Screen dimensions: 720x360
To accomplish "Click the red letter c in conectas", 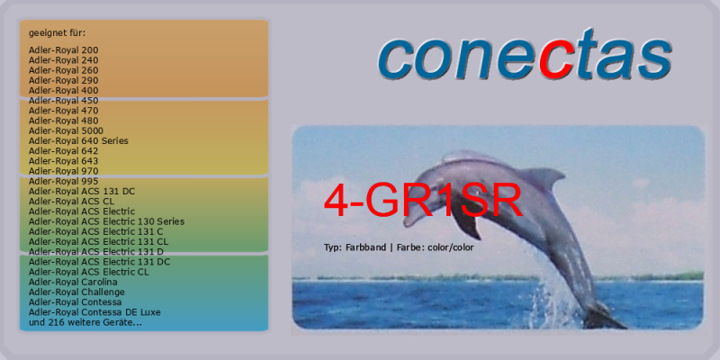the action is [x=556, y=59].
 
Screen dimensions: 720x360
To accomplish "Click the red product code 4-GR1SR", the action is [x=423, y=200].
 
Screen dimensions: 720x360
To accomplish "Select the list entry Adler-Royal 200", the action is [x=63, y=50].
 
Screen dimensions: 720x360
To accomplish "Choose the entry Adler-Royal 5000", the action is [x=66, y=130].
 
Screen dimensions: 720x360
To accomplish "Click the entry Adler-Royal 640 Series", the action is [x=78, y=141].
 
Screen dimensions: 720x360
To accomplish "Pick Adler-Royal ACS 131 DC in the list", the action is [x=82, y=192].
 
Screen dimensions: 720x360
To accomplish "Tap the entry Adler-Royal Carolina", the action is [x=73, y=282].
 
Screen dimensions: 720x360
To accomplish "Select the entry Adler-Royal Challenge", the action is [x=76, y=292].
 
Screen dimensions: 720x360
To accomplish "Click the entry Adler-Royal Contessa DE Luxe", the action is [x=94, y=312].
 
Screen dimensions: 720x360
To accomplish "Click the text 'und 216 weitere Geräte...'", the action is [x=85, y=323].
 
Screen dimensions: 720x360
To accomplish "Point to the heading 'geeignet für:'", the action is [x=57, y=33].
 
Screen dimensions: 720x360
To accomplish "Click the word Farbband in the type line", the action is [x=365, y=247].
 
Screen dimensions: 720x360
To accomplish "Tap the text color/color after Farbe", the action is [x=451, y=248].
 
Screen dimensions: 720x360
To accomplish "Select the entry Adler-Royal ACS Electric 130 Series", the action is [x=106, y=221].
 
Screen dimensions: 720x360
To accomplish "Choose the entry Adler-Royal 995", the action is [x=63, y=182].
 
